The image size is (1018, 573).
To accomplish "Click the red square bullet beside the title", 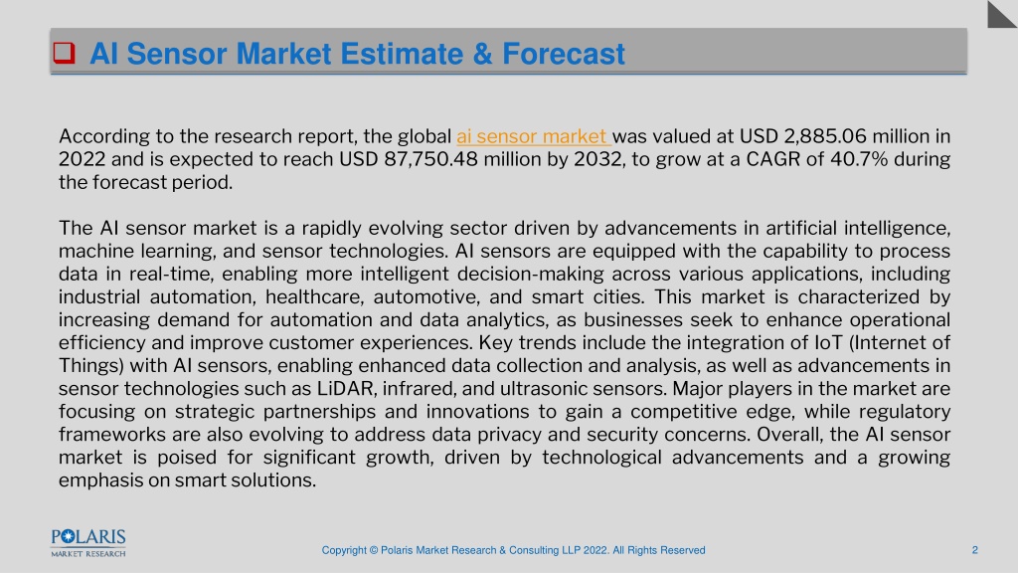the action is tap(64, 53).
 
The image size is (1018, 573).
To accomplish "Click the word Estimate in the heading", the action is tap(402, 54).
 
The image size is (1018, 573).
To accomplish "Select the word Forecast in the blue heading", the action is tap(564, 54).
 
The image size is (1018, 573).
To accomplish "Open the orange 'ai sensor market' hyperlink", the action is tap(532, 136).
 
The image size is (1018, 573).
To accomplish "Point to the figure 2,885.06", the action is tap(824, 136).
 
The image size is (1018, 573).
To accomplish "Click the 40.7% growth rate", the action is tap(859, 159).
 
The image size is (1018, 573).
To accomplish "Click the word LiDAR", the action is tap(345, 389).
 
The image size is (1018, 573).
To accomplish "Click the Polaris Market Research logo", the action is tap(88, 543).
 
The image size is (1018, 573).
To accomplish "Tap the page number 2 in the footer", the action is tap(974, 550).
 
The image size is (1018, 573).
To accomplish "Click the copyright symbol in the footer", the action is tap(374, 550).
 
